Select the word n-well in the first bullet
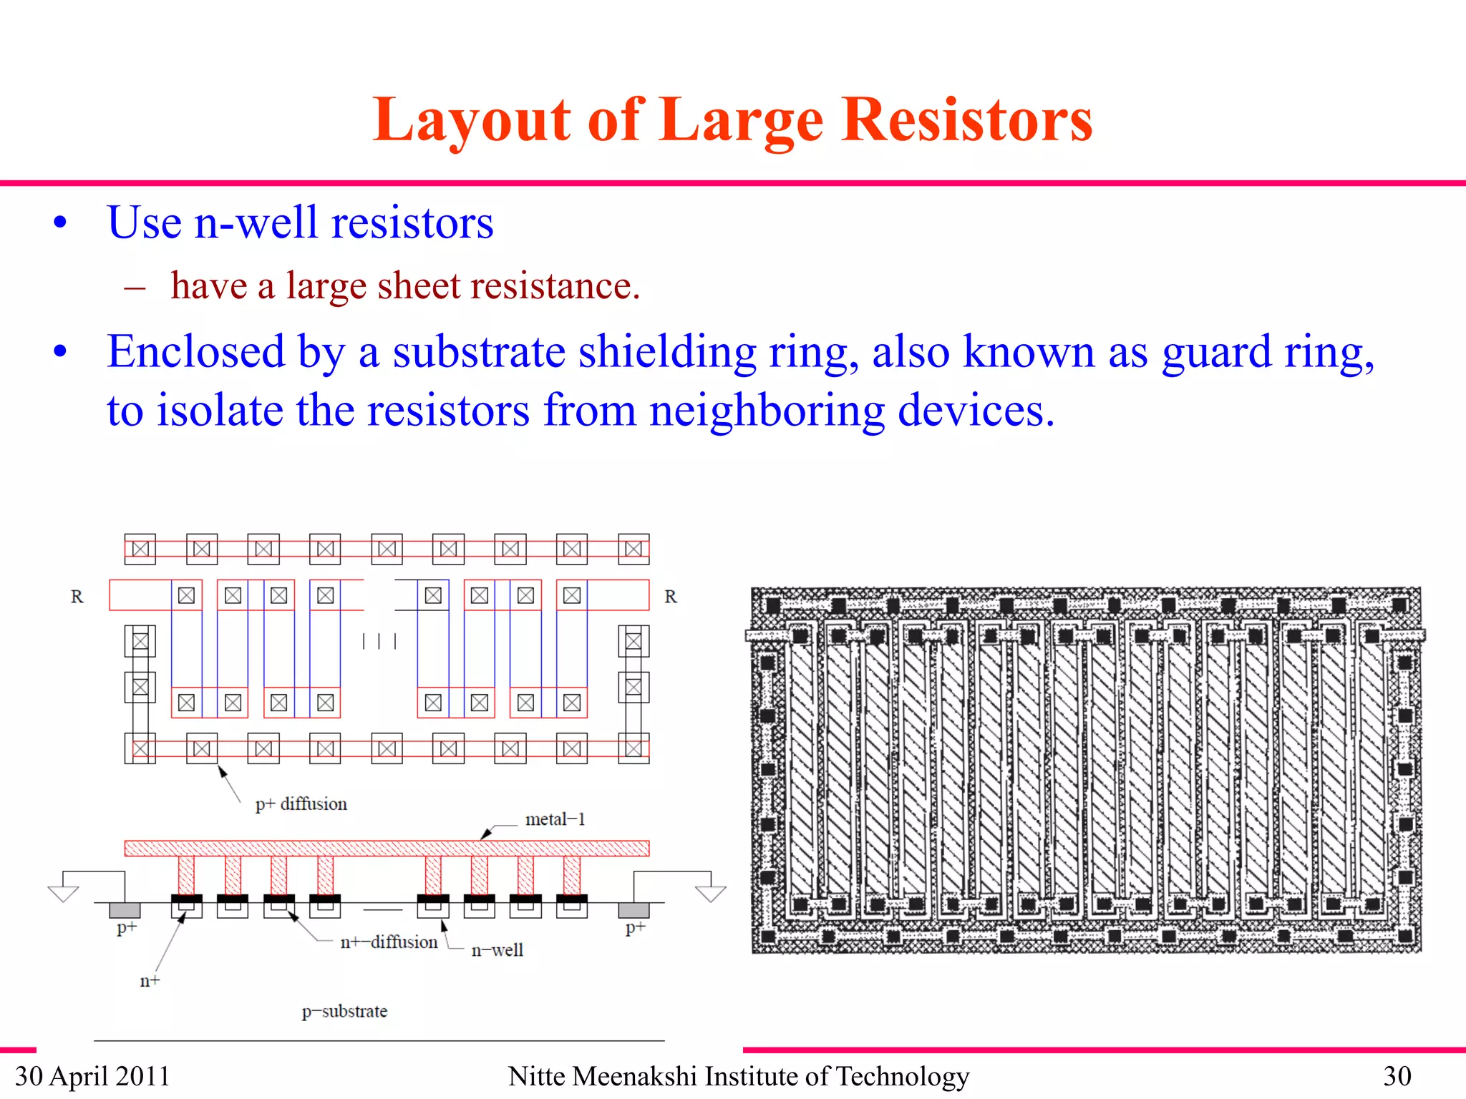pos(256,223)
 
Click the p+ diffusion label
pos(301,804)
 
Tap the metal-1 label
pos(555,819)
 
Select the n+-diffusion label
pos(389,942)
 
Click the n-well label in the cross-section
pos(497,950)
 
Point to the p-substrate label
pos(344,1011)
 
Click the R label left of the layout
pos(77,597)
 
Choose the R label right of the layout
pos(671,597)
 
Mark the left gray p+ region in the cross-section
pos(125,910)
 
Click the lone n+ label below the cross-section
pos(150,981)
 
